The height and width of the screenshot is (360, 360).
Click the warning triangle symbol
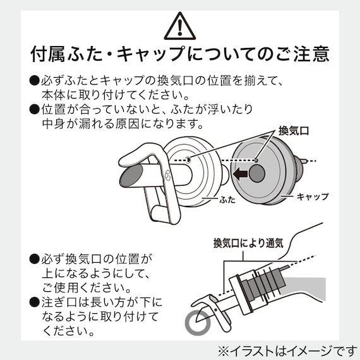click(180, 27)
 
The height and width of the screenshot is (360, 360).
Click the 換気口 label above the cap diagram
click(294, 131)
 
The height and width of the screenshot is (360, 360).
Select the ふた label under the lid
click(227, 200)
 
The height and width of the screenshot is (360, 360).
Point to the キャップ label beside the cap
click(313, 196)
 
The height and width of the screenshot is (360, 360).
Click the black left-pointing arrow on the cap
click(240, 174)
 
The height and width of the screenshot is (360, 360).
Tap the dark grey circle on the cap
click(256, 174)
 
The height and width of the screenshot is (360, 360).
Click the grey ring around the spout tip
click(198, 322)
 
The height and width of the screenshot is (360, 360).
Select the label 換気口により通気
click(248, 243)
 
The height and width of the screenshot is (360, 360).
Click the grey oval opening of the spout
click(131, 176)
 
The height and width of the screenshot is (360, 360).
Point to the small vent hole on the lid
click(188, 159)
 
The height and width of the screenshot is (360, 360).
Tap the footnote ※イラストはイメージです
click(287, 351)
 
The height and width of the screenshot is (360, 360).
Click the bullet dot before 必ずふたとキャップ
click(35, 81)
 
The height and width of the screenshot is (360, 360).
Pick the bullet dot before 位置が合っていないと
click(35, 109)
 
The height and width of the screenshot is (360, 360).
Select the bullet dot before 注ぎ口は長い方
click(35, 302)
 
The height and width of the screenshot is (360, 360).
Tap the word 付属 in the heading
click(48, 54)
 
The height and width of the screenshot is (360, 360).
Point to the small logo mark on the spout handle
click(167, 175)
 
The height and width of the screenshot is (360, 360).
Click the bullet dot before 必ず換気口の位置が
click(35, 259)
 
